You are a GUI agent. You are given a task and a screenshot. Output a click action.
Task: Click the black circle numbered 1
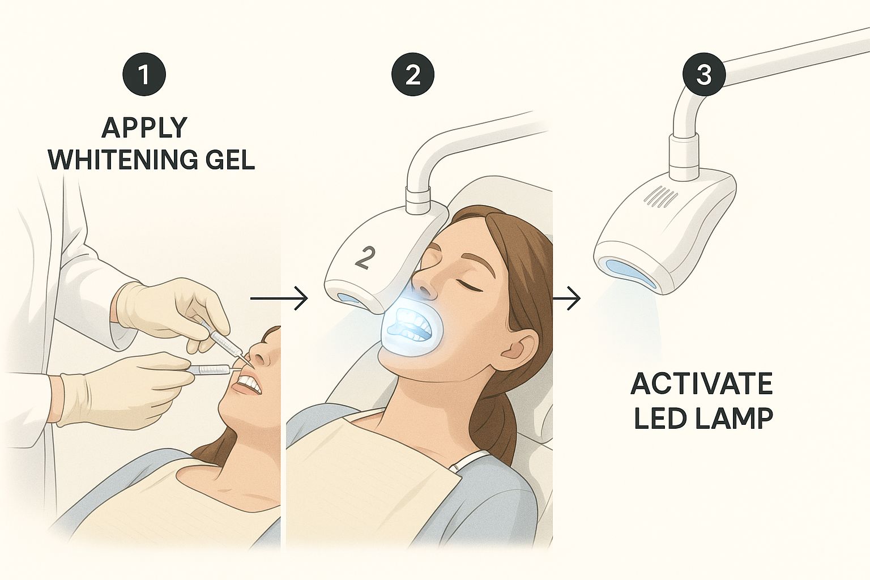click(x=144, y=74)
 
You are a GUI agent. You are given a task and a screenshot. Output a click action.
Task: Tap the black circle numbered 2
click(x=413, y=74)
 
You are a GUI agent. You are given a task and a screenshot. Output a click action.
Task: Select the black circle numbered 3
click(x=704, y=74)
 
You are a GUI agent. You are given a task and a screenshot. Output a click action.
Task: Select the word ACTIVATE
click(x=701, y=383)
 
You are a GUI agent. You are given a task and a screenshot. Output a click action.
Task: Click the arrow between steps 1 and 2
click(x=279, y=298)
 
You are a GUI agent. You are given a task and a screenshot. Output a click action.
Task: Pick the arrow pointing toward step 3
click(x=566, y=298)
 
